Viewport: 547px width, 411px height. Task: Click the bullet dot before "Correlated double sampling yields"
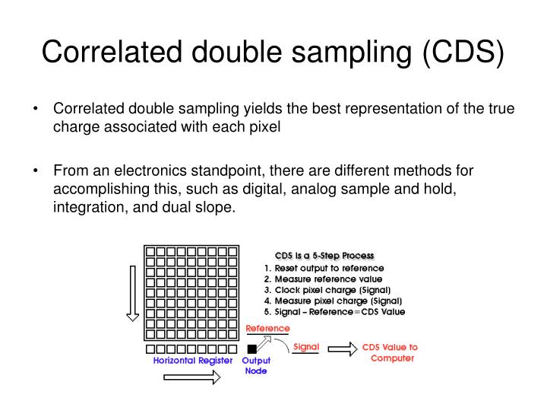tap(36, 109)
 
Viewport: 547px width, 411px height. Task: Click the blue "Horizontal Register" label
tap(193, 361)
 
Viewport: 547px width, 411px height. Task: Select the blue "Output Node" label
tap(256, 366)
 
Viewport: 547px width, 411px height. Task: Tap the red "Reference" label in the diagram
tap(267, 328)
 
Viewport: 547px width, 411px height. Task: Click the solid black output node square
tap(251, 349)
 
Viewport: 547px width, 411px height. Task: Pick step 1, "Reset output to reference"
tap(324, 268)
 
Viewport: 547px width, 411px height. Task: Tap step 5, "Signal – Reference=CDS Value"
tap(334, 311)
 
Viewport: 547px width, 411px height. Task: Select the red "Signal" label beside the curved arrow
tap(306, 346)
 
